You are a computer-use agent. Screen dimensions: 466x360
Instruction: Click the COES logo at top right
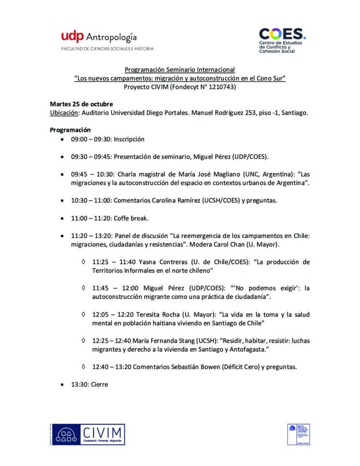pos(282,40)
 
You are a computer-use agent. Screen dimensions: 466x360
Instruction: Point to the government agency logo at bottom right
pos(299,434)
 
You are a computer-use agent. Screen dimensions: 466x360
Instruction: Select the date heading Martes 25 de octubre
pos(81,104)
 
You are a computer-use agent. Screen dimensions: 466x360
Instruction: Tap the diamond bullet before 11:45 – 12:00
pos(83,288)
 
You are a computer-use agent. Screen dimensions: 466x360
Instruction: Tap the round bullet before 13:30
pos(62,385)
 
